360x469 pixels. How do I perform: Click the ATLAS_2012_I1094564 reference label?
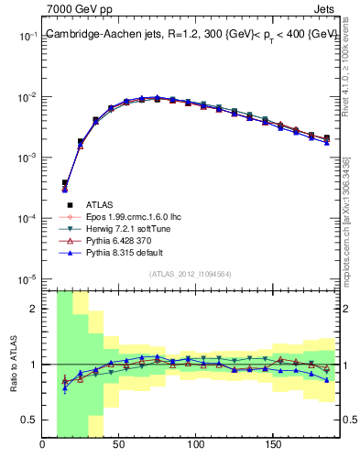click(x=190, y=274)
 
